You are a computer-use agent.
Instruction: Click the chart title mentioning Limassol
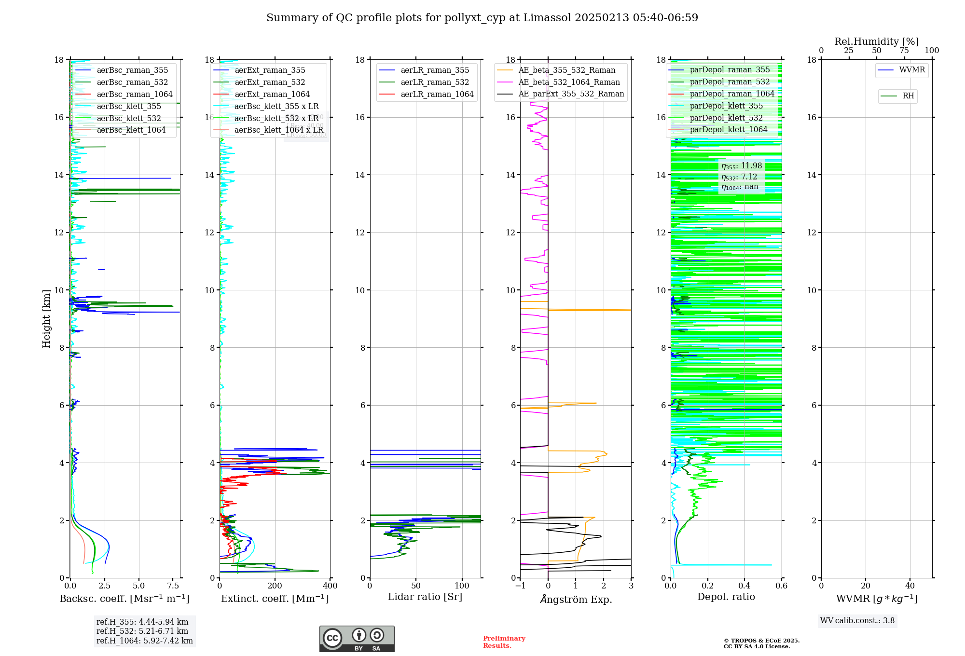pos(482,18)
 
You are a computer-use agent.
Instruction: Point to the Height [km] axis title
pos(46,318)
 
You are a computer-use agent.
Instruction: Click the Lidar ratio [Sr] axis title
pos(425,597)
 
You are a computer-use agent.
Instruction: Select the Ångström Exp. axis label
pos(576,599)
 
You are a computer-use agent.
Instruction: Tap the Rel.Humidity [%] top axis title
pos(876,41)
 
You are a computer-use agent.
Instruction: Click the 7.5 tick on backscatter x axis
pos(173,586)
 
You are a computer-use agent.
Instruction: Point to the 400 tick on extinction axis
pos(331,586)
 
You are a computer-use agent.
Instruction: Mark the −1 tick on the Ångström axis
pos(520,586)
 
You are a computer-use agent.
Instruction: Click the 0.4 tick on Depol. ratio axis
pos(744,586)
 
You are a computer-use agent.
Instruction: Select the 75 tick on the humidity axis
pos(904,51)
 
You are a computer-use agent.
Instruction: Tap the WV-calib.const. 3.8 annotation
pos(857,621)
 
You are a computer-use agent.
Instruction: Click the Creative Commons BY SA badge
pos(357,639)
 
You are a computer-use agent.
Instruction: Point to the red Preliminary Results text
pos(504,642)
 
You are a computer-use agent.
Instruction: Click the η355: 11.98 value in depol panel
pos(742,166)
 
